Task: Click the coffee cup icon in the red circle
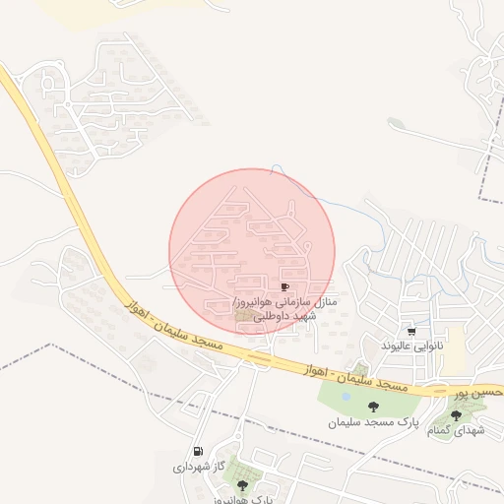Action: (285, 285)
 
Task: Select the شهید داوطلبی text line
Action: (284, 316)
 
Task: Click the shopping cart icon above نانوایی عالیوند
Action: (410, 332)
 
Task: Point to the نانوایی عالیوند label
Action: (413, 346)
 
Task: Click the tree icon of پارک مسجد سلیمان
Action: (372, 407)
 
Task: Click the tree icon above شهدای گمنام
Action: (455, 415)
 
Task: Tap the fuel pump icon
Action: (199, 451)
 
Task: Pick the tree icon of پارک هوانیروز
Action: (242, 485)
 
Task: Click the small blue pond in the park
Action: (345, 397)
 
